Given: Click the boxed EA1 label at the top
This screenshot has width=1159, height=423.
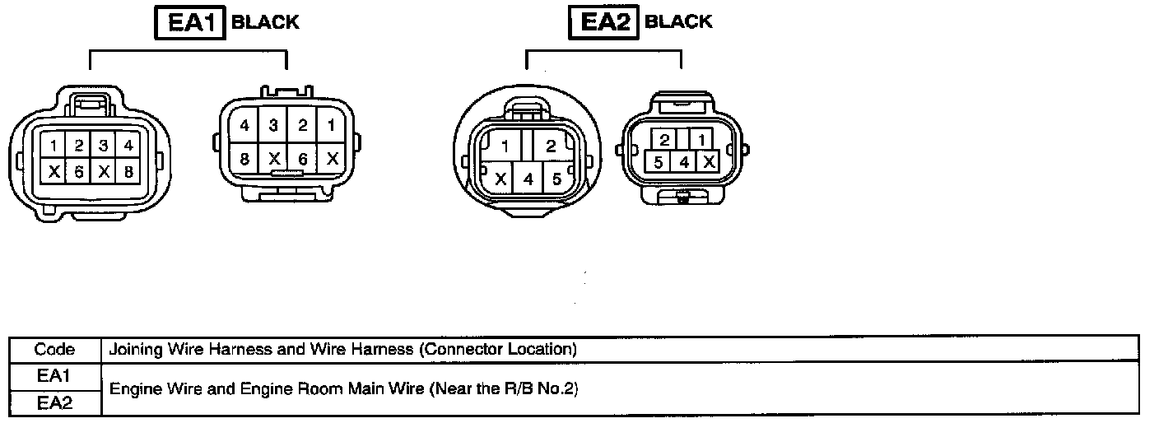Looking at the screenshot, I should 190,22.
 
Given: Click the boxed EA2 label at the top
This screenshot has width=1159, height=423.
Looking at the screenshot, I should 603,22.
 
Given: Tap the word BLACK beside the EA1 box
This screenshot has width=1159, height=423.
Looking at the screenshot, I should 265,22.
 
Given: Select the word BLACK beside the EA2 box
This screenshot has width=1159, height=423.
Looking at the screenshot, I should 678,22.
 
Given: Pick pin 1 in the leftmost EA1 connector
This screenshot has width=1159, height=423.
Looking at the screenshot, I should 54,146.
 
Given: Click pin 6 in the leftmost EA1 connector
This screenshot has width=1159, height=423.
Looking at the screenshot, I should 78,171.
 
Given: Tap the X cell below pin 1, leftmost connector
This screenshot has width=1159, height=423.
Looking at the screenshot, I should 54,171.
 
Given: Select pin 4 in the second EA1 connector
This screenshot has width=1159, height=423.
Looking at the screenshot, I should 245,126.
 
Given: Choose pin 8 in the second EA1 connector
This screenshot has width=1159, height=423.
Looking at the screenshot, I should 245,158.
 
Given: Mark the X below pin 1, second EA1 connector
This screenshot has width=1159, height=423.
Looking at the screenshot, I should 332,158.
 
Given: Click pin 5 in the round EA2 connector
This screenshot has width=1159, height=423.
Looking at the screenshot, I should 556,178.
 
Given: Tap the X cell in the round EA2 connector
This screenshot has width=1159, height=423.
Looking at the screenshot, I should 499,178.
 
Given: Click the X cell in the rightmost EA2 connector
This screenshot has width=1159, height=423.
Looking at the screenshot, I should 707,162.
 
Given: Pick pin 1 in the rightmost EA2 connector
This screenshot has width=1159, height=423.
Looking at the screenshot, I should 698,139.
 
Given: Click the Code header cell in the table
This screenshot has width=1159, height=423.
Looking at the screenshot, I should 54,349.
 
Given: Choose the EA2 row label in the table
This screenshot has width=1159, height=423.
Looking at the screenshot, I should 54,402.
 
